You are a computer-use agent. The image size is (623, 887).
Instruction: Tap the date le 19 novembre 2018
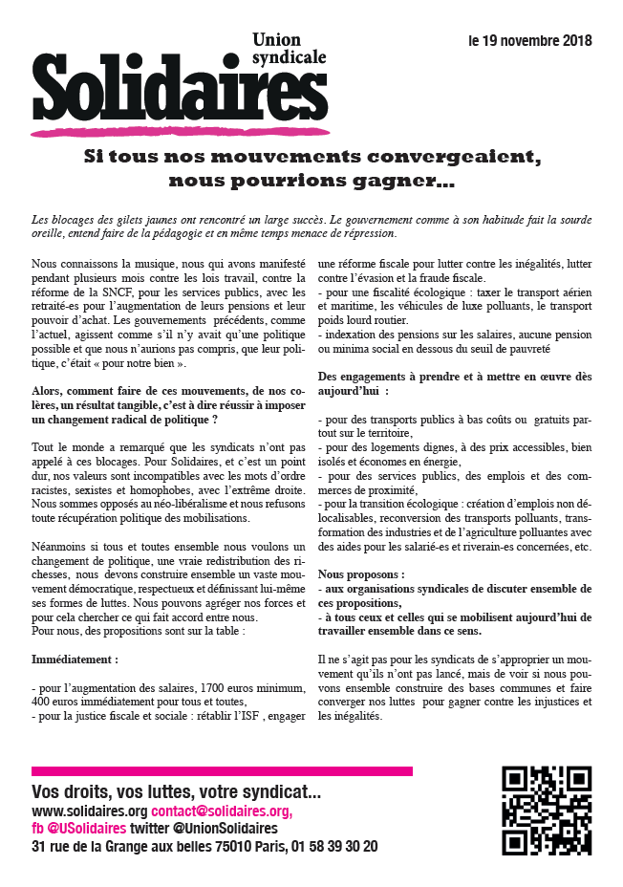pyautogui.click(x=529, y=41)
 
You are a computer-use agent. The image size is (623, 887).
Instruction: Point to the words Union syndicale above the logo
pyautogui.click(x=288, y=48)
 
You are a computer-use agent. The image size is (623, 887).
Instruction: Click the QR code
pyautogui.click(x=546, y=811)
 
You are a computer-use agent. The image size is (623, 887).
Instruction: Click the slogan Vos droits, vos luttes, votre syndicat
pyautogui.click(x=177, y=791)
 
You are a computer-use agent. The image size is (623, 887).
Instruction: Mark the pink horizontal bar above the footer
pyautogui.click(x=222, y=770)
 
